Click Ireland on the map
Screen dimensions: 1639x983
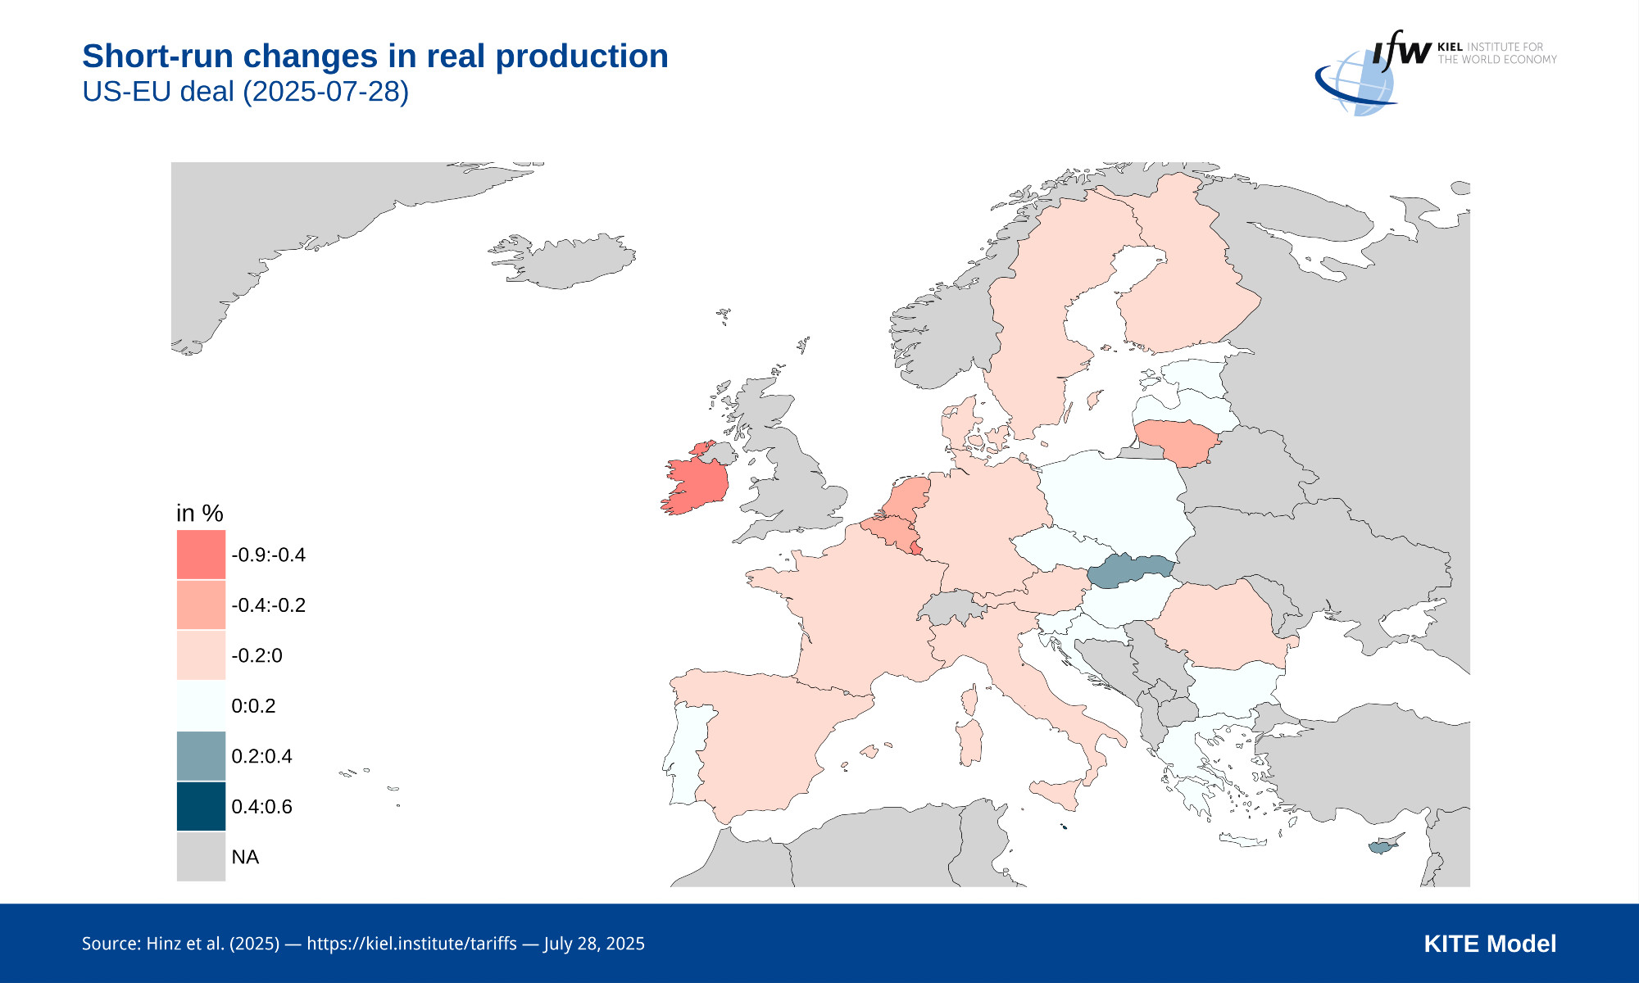coord(697,486)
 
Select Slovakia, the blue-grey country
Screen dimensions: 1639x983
coord(1131,569)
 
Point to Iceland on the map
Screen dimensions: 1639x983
coord(565,260)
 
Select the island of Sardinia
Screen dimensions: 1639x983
coord(970,742)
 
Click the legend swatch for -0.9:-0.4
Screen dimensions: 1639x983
coord(201,555)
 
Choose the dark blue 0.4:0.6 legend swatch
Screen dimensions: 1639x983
coord(201,806)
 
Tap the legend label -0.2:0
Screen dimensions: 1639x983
coord(257,655)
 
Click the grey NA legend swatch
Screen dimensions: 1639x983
coord(201,857)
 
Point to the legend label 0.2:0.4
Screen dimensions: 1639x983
coord(261,756)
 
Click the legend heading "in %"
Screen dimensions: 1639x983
coord(200,514)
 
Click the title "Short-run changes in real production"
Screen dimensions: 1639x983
coord(375,57)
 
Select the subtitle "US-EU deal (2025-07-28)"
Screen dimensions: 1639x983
coord(245,91)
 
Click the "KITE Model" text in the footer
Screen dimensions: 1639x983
coord(1490,944)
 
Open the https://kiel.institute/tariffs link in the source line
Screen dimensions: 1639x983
coord(411,944)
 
